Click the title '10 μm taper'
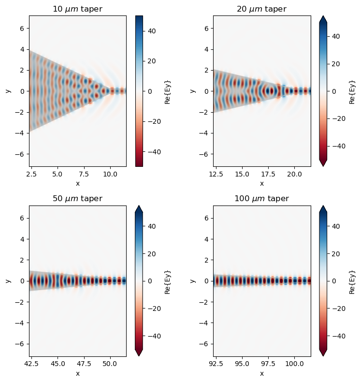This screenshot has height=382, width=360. click(x=78, y=9)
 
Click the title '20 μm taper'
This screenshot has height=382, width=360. click(x=262, y=9)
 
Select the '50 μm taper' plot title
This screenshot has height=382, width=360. click(x=78, y=199)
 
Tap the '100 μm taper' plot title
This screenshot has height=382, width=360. click(x=262, y=199)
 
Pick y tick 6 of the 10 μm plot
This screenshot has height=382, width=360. click(x=22, y=28)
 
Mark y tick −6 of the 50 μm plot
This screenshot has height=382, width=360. click(x=20, y=343)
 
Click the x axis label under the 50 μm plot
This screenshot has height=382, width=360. click(x=78, y=373)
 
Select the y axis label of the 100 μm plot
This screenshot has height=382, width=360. click(x=193, y=281)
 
